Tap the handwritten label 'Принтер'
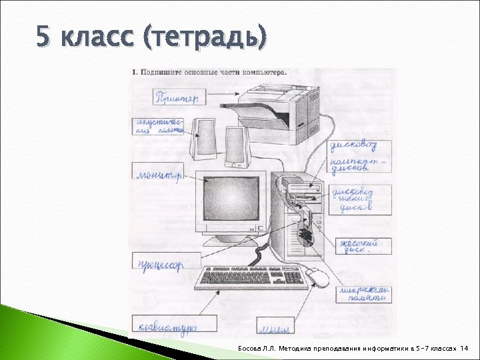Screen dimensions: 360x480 [177, 98]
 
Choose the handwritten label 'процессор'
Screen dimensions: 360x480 [161, 265]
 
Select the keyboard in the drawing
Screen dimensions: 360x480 [253, 278]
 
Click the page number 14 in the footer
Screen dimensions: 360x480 [465, 348]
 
